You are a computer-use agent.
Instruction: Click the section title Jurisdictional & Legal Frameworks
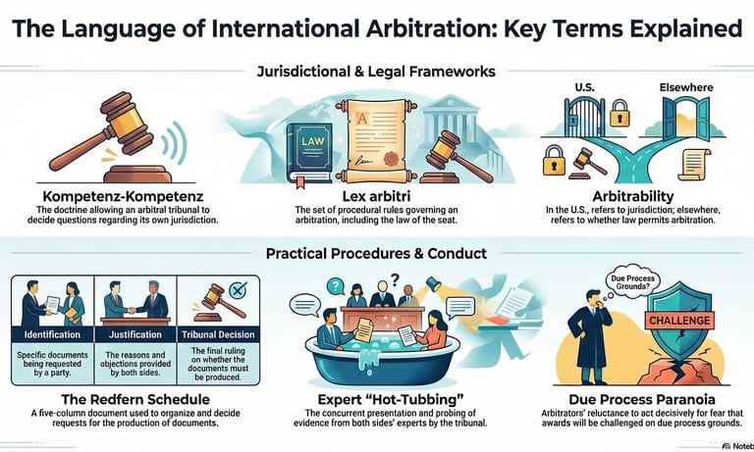click(376, 72)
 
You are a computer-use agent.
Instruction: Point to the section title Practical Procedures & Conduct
click(376, 253)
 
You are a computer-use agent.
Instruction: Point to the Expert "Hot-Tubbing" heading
click(379, 399)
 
